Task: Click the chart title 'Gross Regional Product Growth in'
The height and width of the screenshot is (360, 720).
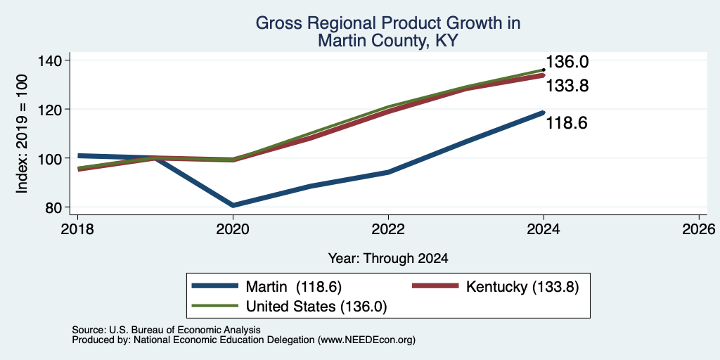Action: click(x=388, y=23)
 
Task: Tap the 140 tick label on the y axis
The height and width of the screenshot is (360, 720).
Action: click(x=56, y=60)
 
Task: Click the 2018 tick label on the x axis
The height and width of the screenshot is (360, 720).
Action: click(x=77, y=229)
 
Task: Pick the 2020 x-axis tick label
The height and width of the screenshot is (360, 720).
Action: click(x=233, y=229)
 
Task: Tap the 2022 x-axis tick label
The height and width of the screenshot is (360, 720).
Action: click(x=388, y=229)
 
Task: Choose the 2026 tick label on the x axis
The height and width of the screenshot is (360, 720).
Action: click(x=699, y=229)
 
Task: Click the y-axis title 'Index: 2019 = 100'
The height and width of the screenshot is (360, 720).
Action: click(x=22, y=134)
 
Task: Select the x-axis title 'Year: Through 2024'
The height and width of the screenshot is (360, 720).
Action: click(x=388, y=259)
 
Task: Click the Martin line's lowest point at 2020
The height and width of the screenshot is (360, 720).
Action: click(x=233, y=205)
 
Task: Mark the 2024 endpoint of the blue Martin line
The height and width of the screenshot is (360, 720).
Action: click(x=544, y=112)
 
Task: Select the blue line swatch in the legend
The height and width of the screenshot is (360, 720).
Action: click(x=215, y=286)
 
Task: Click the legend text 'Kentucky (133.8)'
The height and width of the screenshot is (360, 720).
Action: click(x=522, y=287)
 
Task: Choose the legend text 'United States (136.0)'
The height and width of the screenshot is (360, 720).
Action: click(x=316, y=307)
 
